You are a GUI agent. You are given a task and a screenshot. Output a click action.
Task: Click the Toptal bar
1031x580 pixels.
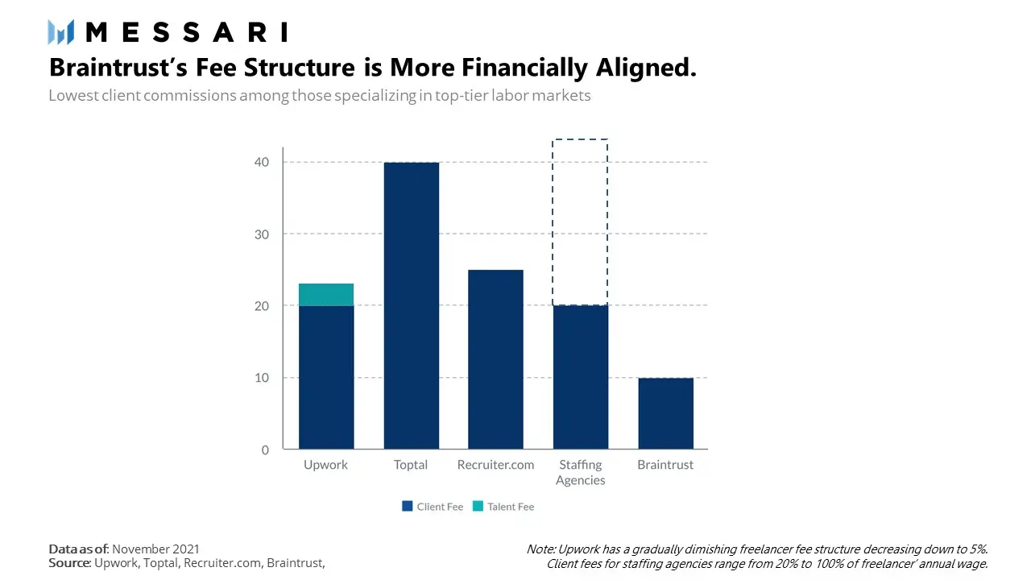[x=411, y=306]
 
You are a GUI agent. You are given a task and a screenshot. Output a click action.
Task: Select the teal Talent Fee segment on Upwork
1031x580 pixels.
[x=326, y=295]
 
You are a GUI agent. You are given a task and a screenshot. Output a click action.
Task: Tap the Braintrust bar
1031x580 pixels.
[x=665, y=413]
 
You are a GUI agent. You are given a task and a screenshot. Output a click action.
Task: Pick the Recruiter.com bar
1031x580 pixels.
[x=495, y=359]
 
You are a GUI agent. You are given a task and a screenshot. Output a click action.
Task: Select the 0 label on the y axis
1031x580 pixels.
[x=266, y=449]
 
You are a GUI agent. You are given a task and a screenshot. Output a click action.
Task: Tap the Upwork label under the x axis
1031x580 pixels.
[x=325, y=465]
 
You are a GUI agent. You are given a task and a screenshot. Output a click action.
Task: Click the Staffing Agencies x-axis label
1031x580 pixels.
[x=580, y=472]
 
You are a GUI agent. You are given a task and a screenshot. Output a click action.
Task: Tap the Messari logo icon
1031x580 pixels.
[x=60, y=32]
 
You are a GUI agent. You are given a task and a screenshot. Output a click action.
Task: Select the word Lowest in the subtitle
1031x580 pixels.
[x=72, y=95]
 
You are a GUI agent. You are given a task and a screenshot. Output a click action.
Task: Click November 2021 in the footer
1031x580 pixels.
[x=155, y=549]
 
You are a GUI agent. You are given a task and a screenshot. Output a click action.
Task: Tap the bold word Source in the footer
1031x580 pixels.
[x=68, y=563]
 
